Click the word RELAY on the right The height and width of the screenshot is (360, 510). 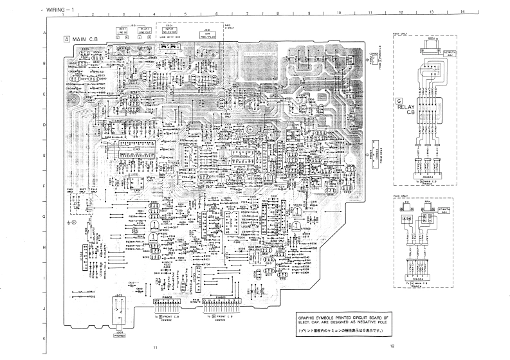click(x=406, y=109)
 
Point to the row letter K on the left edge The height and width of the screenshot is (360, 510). click(x=44, y=337)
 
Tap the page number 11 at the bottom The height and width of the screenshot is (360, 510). click(x=154, y=346)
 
